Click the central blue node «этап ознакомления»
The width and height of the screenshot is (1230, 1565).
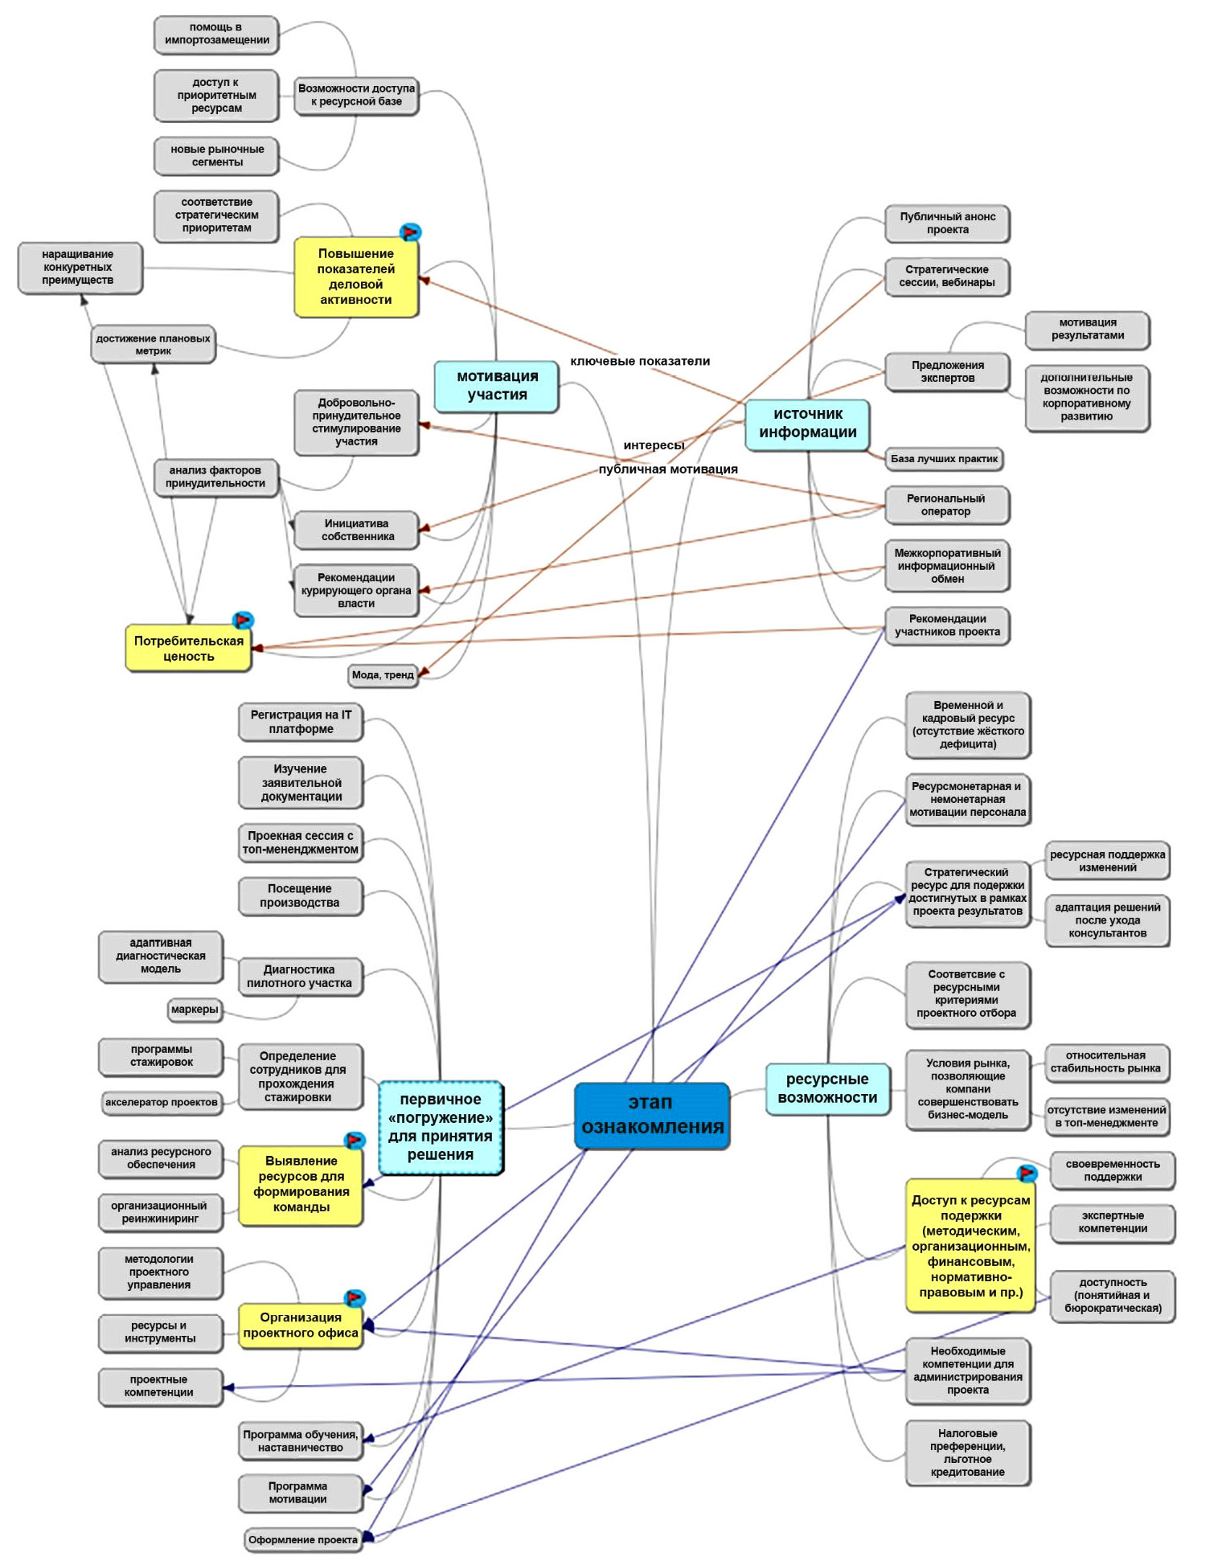click(x=652, y=1115)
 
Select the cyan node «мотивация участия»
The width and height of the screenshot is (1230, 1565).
click(x=497, y=386)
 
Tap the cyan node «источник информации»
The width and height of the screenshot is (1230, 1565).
click(x=807, y=424)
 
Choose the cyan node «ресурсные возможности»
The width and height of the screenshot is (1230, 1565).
click(x=827, y=1088)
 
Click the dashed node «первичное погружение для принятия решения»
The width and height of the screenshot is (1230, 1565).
click(x=441, y=1127)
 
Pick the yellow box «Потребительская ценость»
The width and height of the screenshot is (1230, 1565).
click(x=188, y=649)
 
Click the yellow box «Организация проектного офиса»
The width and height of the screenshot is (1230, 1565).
click(x=301, y=1325)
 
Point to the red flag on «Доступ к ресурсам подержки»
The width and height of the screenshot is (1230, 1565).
click(x=1027, y=1174)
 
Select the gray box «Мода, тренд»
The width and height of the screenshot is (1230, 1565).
click(x=383, y=675)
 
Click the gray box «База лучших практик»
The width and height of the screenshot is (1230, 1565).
click(x=944, y=459)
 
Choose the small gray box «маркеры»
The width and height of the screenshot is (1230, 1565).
click(x=195, y=1010)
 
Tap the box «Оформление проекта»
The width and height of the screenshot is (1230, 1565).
click(x=302, y=1540)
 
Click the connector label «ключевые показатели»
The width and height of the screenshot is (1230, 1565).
click(x=640, y=362)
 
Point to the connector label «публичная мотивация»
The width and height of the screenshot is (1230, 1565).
click(x=668, y=469)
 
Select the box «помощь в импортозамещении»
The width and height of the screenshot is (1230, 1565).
click(x=216, y=35)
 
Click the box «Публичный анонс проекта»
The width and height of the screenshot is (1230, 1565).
click(x=947, y=223)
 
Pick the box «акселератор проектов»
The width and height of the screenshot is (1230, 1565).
click(x=161, y=1102)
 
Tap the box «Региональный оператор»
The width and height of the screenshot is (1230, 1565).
click(x=946, y=505)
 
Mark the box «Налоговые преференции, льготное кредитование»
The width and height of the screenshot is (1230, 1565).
click(x=968, y=1452)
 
